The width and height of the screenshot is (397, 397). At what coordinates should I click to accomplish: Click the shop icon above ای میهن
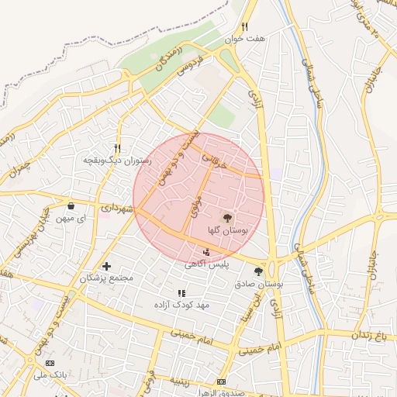point(71,207)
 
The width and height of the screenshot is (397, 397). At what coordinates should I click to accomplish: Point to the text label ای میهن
point(71,219)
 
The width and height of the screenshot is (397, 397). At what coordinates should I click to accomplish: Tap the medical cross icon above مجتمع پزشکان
point(107,266)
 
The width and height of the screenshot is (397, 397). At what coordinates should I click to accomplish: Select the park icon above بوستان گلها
point(227,218)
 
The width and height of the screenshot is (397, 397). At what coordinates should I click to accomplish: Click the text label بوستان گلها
point(227,230)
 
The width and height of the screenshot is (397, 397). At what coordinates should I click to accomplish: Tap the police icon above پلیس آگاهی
point(205,251)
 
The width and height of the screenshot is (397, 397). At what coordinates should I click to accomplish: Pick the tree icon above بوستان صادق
point(258,271)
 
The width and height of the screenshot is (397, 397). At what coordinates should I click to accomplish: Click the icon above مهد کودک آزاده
point(181,293)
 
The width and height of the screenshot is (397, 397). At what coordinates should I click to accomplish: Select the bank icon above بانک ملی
point(51,363)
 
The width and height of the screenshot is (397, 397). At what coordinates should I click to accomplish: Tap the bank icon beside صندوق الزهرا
point(222,382)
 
